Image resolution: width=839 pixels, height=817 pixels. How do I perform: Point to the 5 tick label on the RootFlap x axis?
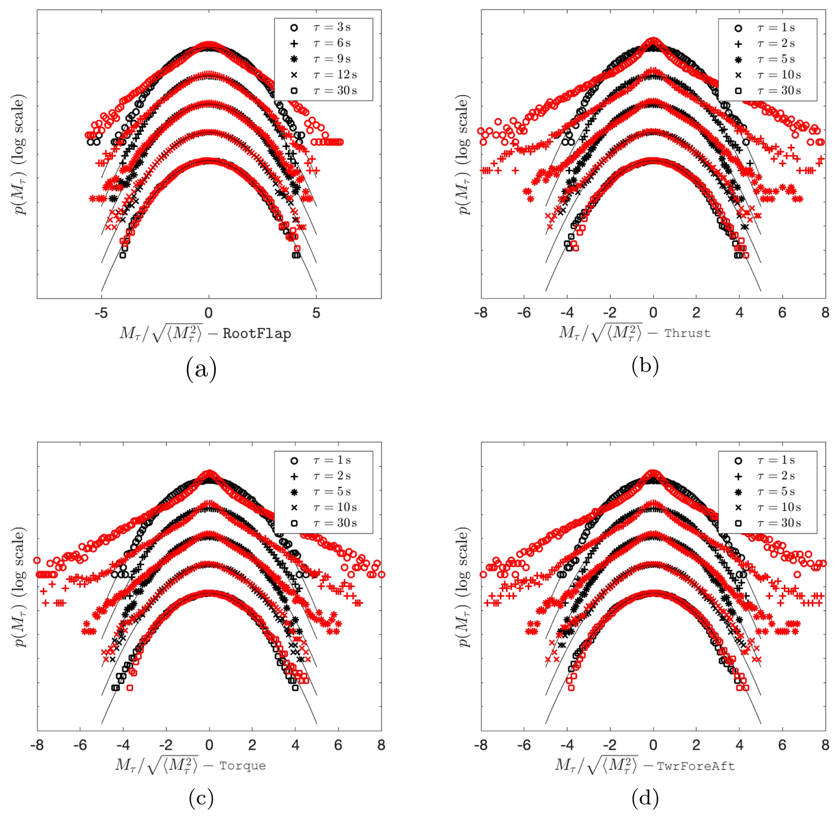(316, 313)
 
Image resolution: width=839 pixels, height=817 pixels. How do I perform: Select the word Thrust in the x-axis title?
(688, 333)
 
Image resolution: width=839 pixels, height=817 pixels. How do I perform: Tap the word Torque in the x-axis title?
(242, 766)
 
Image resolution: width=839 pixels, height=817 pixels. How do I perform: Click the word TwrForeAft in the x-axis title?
(696, 766)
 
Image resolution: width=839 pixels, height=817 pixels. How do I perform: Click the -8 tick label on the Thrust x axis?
(481, 313)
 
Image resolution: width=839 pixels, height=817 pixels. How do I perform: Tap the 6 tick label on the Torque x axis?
(338, 745)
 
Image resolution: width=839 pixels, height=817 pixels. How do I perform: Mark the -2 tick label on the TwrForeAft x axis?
(610, 745)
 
